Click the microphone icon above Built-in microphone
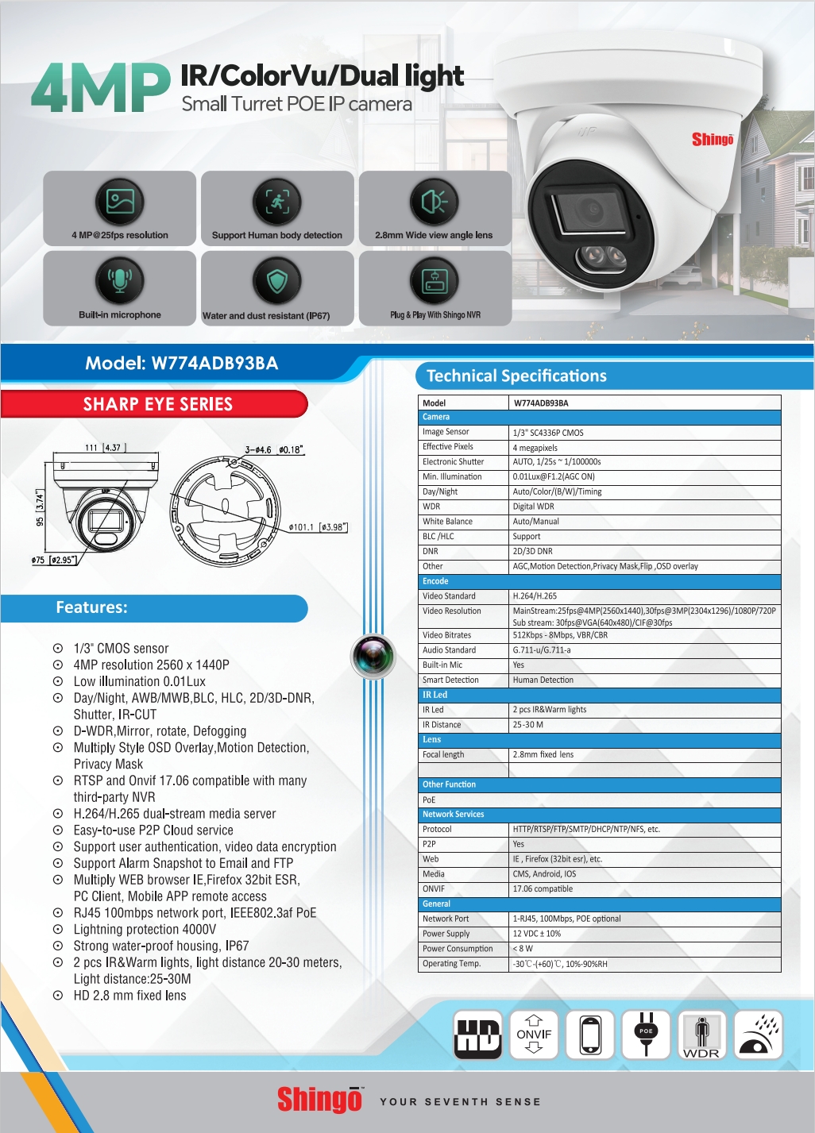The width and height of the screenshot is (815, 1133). pos(120,280)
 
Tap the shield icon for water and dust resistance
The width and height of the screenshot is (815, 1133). pos(276,281)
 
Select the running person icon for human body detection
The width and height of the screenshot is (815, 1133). pos(276,202)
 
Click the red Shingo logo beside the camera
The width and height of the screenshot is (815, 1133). pos(713,140)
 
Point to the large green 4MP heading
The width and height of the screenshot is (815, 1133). pos(101,88)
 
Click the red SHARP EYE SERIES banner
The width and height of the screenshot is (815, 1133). pos(157,404)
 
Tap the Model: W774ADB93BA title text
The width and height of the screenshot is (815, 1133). pos(182,364)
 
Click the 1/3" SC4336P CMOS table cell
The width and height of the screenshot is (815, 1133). pos(548,433)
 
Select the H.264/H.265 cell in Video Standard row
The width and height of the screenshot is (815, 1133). pos(535,596)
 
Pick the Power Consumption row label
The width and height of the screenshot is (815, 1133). pos(458,949)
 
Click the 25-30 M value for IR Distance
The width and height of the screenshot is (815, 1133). pos(528,725)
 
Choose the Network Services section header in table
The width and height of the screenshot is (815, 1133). pos(454,815)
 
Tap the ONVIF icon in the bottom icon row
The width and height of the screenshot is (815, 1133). pos(534,1035)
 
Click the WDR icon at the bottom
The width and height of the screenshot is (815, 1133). pos(701,1035)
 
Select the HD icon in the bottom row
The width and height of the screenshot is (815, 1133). pos(477,1035)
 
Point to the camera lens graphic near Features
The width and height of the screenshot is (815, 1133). pos(373,657)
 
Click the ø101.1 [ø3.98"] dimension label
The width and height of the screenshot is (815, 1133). pos(318,527)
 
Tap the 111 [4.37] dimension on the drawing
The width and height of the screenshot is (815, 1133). pos(103,448)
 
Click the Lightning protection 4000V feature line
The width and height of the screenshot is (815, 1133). pos(145,930)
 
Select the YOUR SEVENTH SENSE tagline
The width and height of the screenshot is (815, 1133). pos(460,1102)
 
